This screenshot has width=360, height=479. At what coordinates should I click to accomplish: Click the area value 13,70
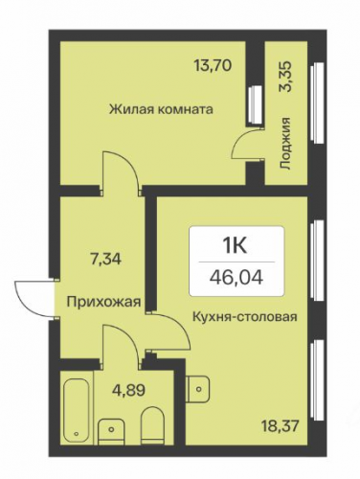click(213, 66)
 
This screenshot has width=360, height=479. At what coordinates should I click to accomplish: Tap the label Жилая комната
click(161, 109)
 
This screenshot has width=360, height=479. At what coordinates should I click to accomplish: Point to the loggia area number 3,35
click(285, 77)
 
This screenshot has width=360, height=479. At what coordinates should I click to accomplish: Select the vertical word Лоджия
click(285, 143)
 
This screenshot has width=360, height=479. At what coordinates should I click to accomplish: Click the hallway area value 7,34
click(105, 259)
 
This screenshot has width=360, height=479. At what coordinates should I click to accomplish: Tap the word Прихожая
click(103, 302)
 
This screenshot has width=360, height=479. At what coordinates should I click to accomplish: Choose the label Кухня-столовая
click(245, 317)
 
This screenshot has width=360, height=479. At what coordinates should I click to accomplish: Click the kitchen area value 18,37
click(281, 426)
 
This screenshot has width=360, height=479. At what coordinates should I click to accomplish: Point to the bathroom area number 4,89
click(129, 390)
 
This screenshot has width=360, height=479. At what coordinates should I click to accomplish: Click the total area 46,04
click(236, 278)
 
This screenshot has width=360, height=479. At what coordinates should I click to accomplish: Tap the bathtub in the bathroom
click(77, 410)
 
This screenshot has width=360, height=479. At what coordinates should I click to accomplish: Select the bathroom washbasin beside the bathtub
click(111, 431)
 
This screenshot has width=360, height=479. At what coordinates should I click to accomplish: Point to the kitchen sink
click(197, 389)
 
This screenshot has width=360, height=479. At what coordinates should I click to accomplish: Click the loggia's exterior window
click(317, 103)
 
